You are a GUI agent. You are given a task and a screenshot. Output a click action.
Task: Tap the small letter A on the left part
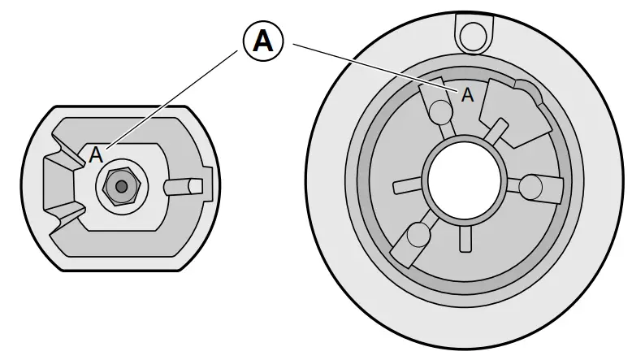tap(96, 154)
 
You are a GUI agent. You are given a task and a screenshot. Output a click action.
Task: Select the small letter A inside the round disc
tap(467, 95)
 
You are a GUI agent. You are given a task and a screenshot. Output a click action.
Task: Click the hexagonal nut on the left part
tap(121, 186)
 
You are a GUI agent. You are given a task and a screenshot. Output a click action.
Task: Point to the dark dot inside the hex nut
tap(121, 186)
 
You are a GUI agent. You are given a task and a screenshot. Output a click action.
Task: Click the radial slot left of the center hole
tap(409, 186)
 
